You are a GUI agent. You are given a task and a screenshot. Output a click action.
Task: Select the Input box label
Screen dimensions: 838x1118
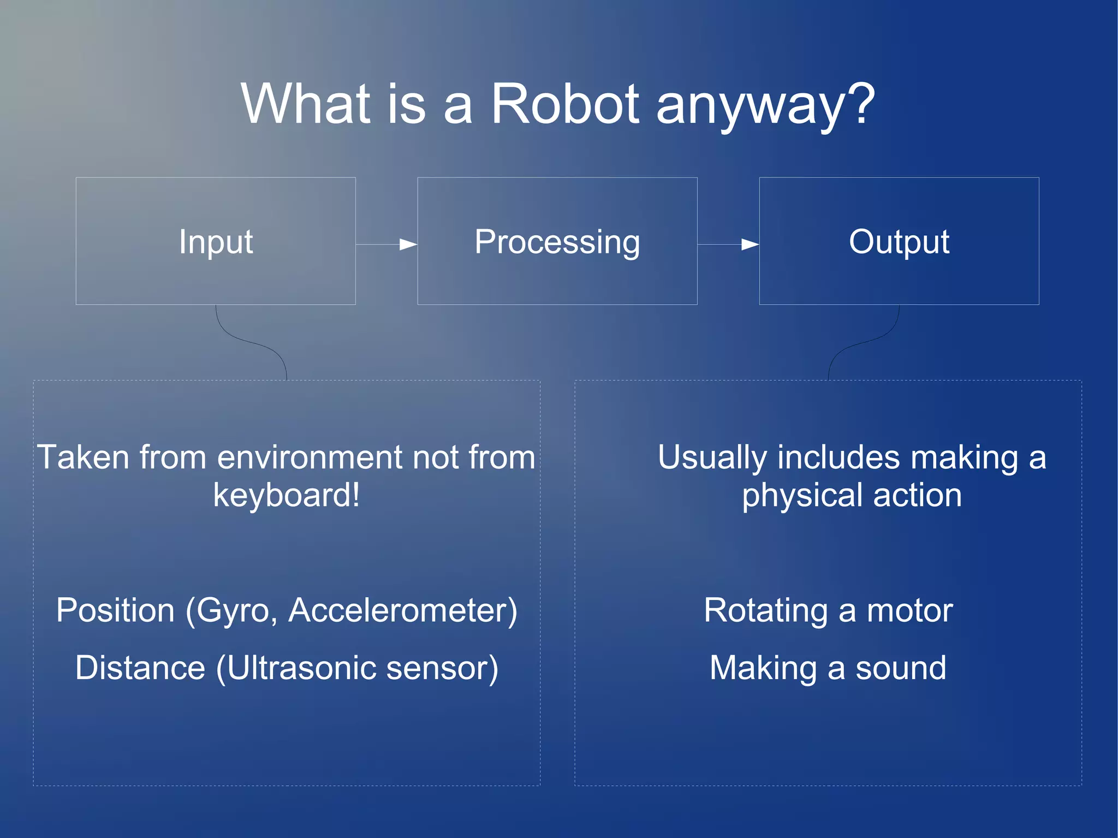click(216, 241)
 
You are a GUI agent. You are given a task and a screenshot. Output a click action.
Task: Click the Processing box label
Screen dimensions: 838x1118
click(557, 241)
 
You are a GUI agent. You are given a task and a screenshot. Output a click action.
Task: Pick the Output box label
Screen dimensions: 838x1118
click(899, 241)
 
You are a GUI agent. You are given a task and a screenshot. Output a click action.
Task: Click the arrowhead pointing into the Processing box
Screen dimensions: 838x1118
click(408, 245)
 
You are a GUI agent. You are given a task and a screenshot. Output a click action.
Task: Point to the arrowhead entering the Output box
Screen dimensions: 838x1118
click(750, 245)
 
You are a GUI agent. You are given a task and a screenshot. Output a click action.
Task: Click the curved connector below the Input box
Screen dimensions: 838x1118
click(251, 342)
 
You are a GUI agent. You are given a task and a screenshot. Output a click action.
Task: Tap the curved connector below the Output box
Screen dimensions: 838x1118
click(864, 342)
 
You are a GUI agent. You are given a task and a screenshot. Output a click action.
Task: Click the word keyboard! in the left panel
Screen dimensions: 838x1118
click(286, 495)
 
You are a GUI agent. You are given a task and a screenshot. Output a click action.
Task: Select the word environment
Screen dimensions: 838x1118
click(310, 457)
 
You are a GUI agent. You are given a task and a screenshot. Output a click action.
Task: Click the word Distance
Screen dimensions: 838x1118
click(140, 668)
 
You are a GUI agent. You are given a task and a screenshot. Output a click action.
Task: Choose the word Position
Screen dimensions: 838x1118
click(115, 610)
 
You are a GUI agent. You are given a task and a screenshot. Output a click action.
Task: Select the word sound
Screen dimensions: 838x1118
click(900, 668)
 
